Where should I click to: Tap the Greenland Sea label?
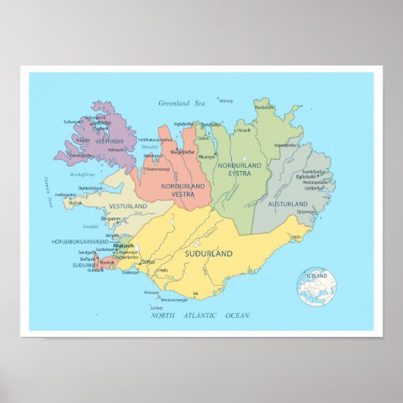[183, 103]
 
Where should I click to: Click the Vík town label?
[195, 293]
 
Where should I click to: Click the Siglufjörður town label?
[183, 123]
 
